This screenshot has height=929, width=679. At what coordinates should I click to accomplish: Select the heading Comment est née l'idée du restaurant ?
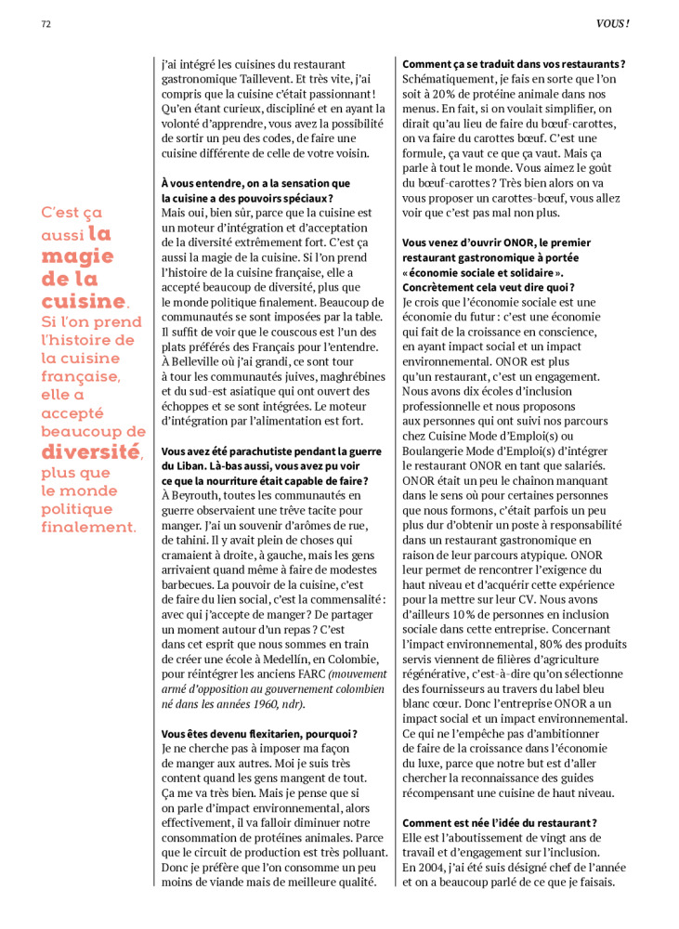click(499, 822)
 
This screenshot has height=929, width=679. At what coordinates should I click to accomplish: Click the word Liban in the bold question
click(196, 464)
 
